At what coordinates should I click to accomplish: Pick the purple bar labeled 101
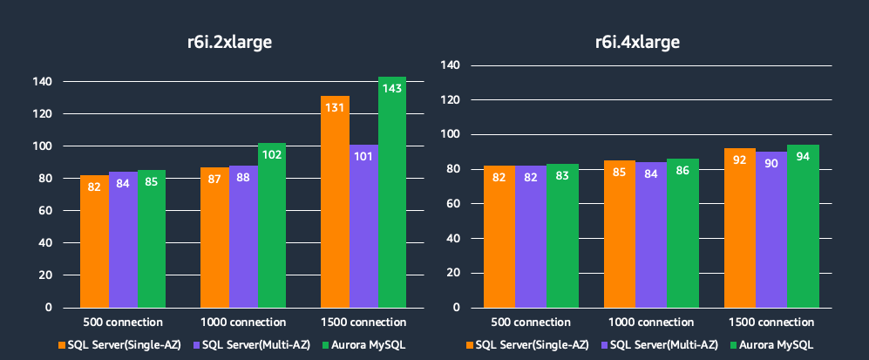click(363, 226)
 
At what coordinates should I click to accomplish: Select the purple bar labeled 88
click(243, 236)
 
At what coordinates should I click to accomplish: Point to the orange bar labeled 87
click(214, 237)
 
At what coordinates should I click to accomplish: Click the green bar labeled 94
click(803, 226)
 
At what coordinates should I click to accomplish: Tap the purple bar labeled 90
click(771, 229)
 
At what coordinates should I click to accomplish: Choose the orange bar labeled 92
click(740, 228)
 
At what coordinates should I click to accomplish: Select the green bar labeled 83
click(562, 235)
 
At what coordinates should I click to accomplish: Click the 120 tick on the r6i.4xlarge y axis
click(450, 100)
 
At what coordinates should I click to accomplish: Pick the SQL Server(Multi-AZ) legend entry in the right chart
click(664, 344)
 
